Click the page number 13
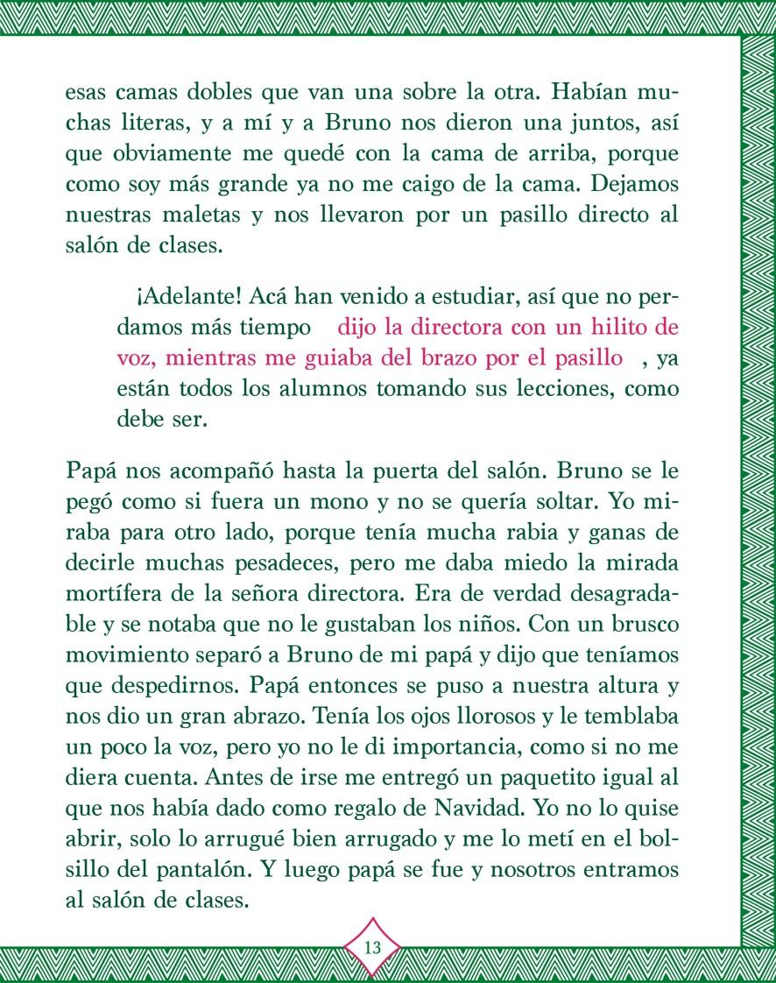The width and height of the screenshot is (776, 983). click(371, 947)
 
